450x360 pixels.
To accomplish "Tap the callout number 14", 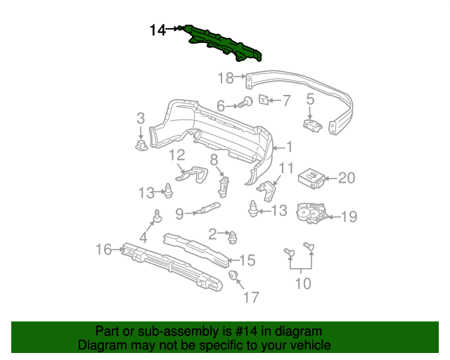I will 157,30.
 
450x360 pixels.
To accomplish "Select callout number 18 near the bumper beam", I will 225,77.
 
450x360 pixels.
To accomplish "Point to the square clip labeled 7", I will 264,99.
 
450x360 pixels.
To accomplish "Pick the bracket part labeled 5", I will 311,125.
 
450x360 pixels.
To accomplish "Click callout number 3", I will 141,117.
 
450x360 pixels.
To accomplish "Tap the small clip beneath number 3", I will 140,145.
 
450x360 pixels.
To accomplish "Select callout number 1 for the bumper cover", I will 288,148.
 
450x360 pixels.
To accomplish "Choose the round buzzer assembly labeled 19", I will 309,212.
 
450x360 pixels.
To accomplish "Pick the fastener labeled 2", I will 231,236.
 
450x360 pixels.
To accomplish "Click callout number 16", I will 103,248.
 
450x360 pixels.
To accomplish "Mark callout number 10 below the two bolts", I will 302,284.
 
